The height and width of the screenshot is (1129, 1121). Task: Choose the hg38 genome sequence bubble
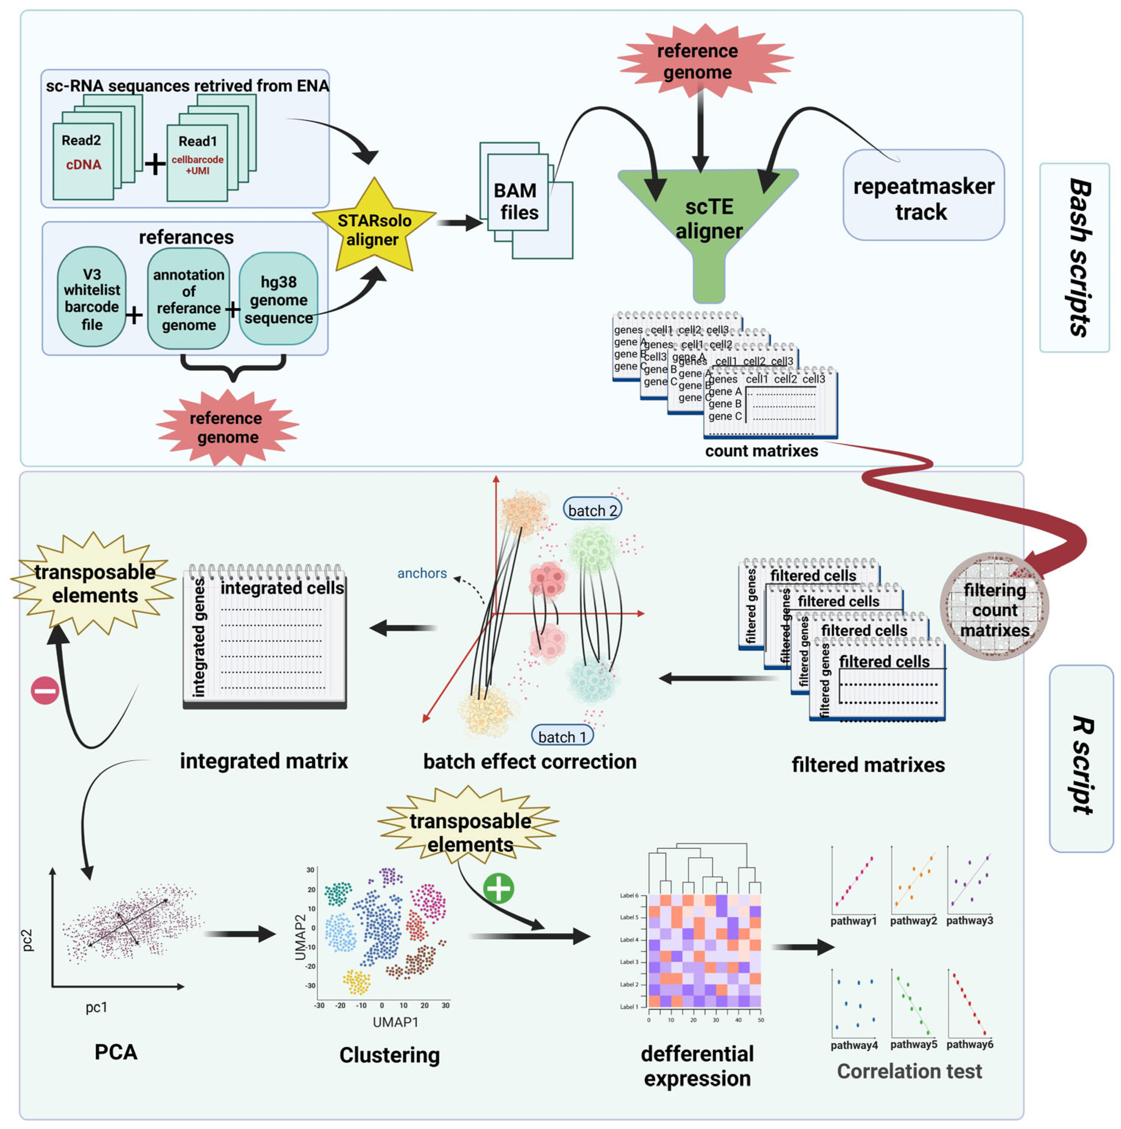tap(279, 299)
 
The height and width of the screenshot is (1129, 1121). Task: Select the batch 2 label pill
tap(592, 510)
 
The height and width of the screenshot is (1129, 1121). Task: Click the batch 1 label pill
tap(562, 736)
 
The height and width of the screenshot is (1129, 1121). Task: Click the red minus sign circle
tap(45, 690)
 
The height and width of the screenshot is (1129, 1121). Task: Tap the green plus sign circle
tap(498, 888)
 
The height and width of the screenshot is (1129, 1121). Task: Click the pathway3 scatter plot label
tap(969, 920)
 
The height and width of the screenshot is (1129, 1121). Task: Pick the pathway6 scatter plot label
tap(969, 1044)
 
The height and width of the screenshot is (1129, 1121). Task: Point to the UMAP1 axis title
tap(395, 1022)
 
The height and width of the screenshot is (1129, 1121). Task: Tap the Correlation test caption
tap(909, 1071)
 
